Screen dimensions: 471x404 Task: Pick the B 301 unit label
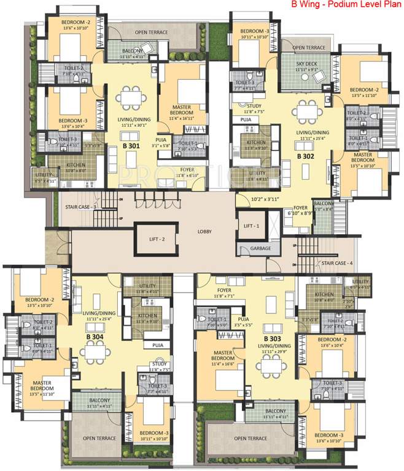point(131,147)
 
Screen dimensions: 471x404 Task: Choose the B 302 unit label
point(306,156)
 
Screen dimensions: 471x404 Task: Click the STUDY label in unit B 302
point(237,105)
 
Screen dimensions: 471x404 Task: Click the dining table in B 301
point(130,98)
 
